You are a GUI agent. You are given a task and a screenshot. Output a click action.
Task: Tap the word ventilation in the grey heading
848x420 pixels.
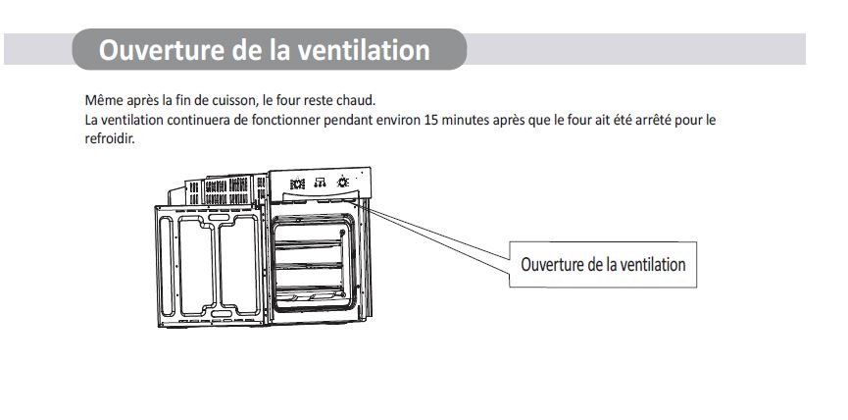pyautogui.click(x=364, y=50)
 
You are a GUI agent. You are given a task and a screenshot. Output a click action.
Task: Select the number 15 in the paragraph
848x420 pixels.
pyautogui.click(x=431, y=119)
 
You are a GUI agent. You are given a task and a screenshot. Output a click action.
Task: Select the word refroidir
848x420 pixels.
pyautogui.click(x=109, y=138)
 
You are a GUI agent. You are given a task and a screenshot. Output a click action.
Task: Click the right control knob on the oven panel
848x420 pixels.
pyautogui.click(x=343, y=183)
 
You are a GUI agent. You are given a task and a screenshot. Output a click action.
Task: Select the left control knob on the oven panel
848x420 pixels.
pyautogui.click(x=297, y=184)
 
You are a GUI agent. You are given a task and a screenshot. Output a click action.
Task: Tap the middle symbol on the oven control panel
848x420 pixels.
pyautogui.click(x=321, y=183)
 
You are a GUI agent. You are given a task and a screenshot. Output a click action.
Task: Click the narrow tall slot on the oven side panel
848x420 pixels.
pyautogui.click(x=167, y=266)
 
